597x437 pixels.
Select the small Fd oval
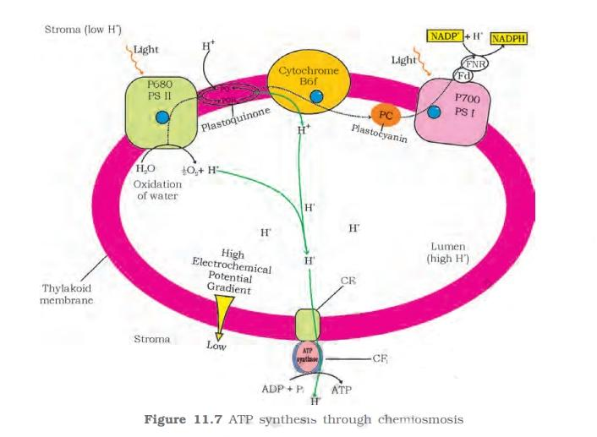pos(463,76)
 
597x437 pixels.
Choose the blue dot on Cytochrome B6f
pos(316,97)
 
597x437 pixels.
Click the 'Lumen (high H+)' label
pos(449,252)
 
